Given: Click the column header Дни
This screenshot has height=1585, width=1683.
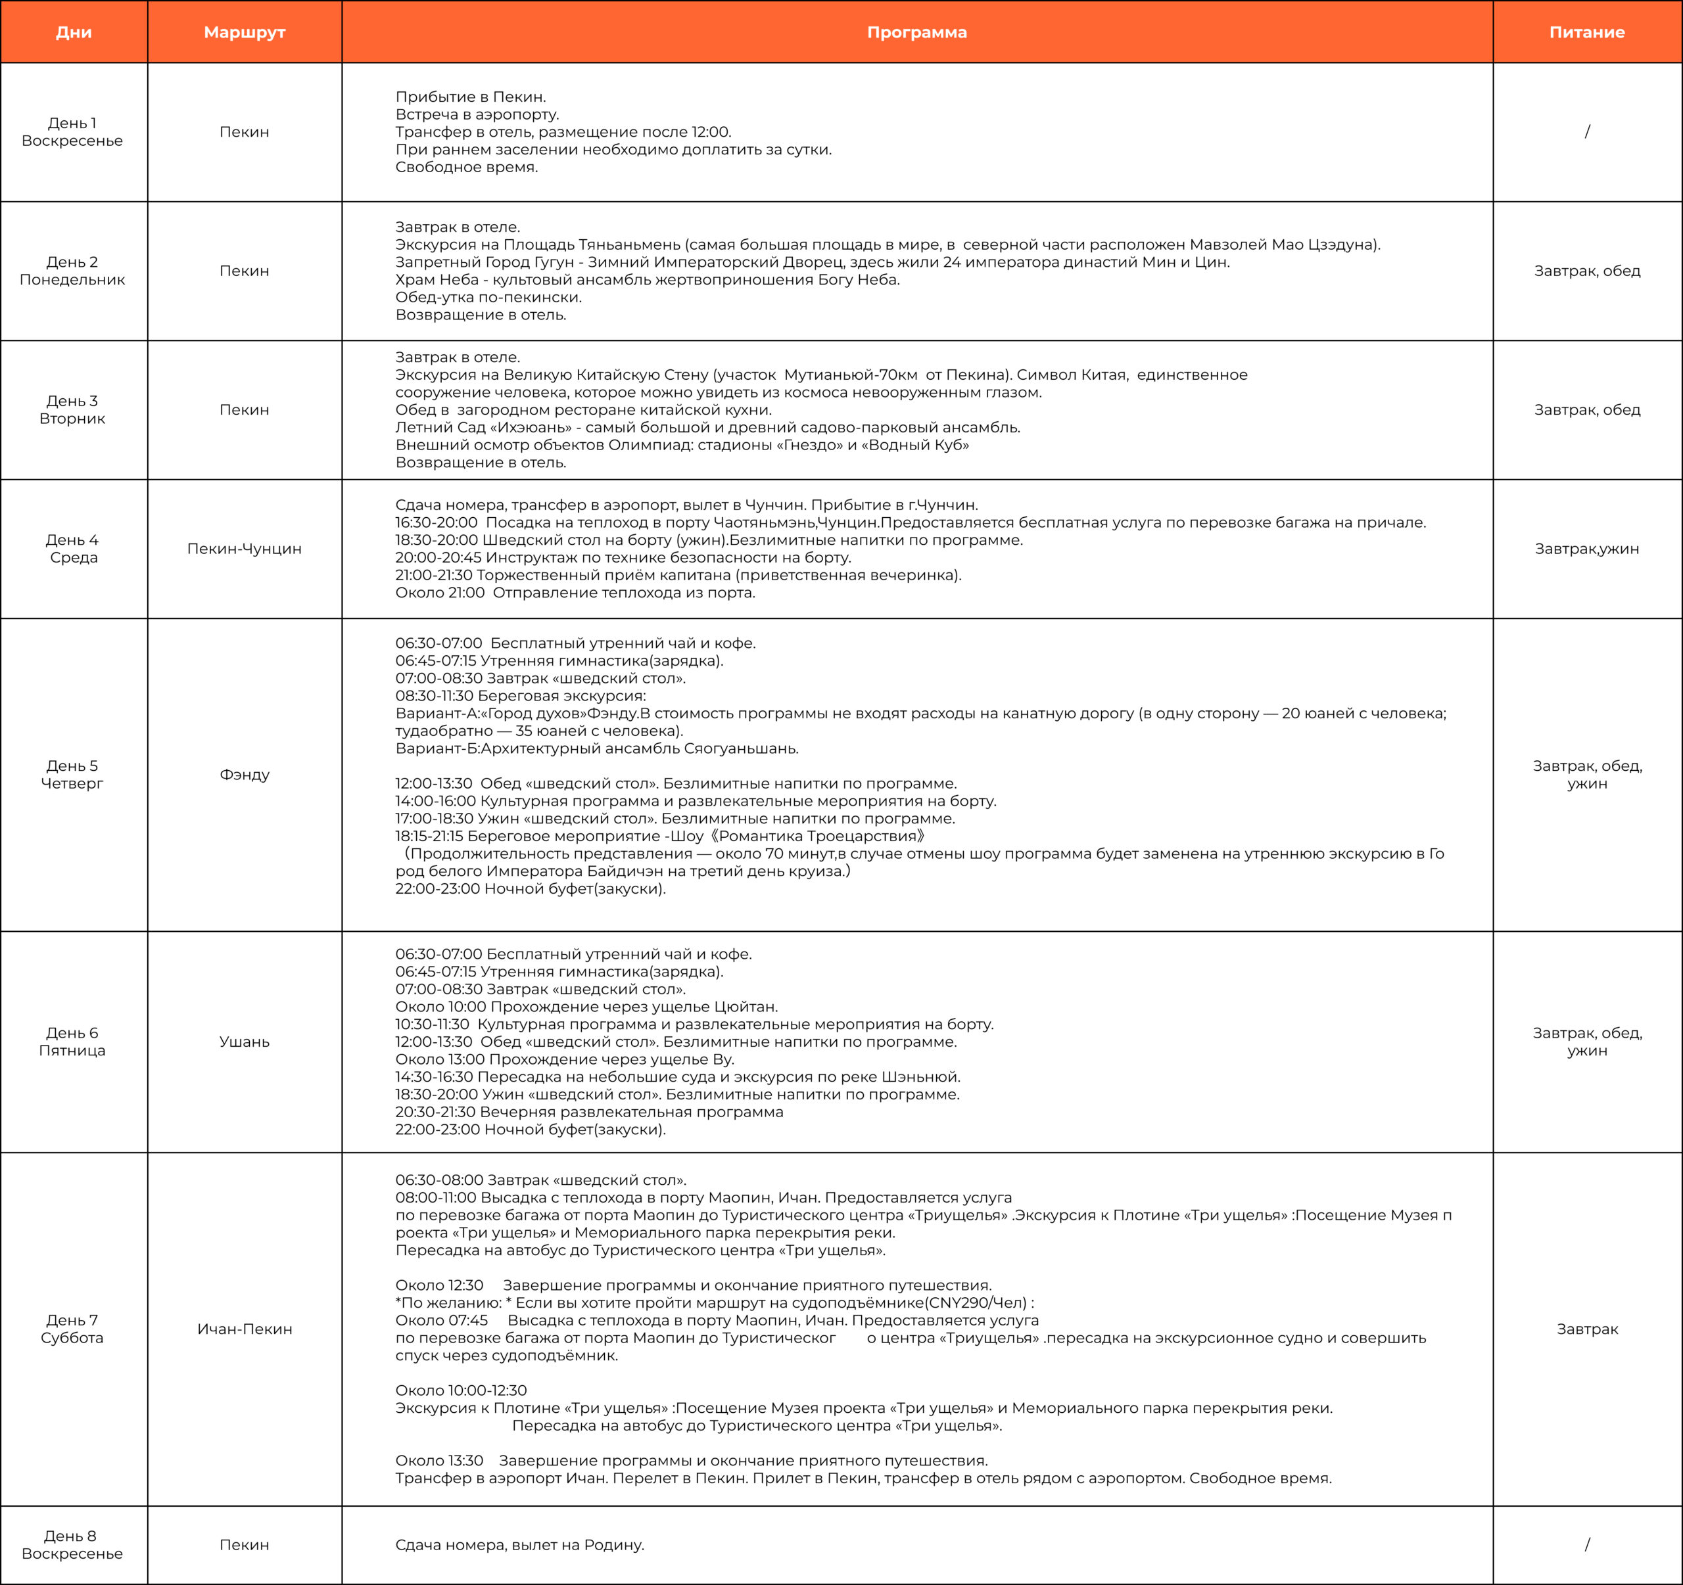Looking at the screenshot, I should tap(74, 32).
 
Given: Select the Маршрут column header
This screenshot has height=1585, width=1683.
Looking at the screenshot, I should tap(245, 32).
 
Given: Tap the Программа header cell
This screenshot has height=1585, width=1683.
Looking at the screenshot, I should tap(917, 32).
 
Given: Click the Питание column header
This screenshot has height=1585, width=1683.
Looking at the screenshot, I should tap(1586, 32).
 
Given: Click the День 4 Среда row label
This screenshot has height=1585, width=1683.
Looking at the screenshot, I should tap(73, 548).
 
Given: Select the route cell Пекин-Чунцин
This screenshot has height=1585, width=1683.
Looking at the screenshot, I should tap(245, 548).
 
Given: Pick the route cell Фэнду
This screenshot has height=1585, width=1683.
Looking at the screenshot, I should tap(245, 774).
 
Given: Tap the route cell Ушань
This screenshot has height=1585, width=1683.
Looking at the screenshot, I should tap(245, 1042).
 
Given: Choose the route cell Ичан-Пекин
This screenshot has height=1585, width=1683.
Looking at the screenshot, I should tap(245, 1329).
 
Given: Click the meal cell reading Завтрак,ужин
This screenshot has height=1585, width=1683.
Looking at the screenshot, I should tap(1586, 548).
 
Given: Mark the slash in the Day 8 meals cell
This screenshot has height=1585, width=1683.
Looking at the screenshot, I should tap(1586, 1544).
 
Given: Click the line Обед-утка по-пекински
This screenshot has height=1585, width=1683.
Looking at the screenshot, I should tap(488, 297).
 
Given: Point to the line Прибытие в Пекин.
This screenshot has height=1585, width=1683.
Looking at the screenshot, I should tap(471, 97).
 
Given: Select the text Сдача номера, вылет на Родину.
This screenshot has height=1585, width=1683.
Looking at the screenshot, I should tap(520, 1544).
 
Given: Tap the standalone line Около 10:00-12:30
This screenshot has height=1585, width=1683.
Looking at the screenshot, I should tap(461, 1390).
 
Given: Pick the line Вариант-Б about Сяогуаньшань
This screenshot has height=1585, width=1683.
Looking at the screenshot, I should tap(597, 748).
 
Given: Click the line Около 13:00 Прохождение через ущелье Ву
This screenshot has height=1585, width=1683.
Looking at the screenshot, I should tap(565, 1059).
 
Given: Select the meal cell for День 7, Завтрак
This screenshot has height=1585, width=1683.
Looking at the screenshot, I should tap(1586, 1329).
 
